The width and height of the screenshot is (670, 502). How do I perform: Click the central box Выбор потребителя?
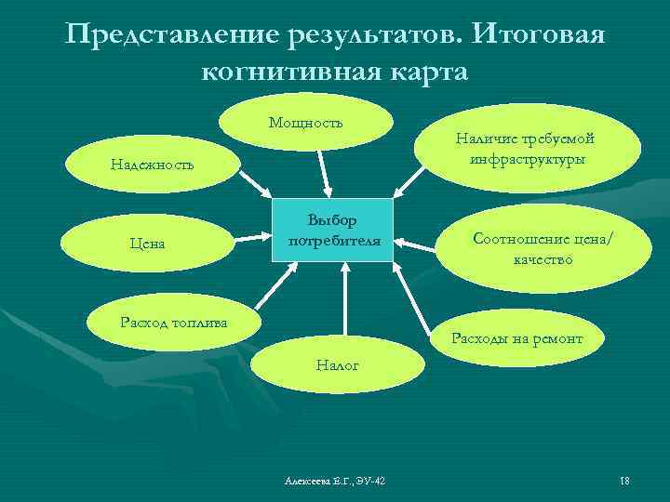pyautogui.click(x=332, y=230)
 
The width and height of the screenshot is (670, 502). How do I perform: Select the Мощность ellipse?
pyautogui.click(x=306, y=124)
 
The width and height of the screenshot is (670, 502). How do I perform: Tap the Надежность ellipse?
pyautogui.click(x=152, y=165)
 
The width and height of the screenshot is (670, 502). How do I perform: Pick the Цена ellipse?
pyautogui.click(x=147, y=244)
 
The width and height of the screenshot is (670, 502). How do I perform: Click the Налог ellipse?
pyautogui.click(x=337, y=366)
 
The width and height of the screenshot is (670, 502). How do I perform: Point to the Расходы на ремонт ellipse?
pyautogui.click(x=516, y=338)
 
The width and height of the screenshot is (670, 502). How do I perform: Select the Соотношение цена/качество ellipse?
pyautogui.click(x=543, y=248)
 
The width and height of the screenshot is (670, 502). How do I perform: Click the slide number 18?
pyautogui.click(x=624, y=480)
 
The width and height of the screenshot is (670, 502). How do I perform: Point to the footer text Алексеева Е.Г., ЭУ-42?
pyautogui.click(x=335, y=480)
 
